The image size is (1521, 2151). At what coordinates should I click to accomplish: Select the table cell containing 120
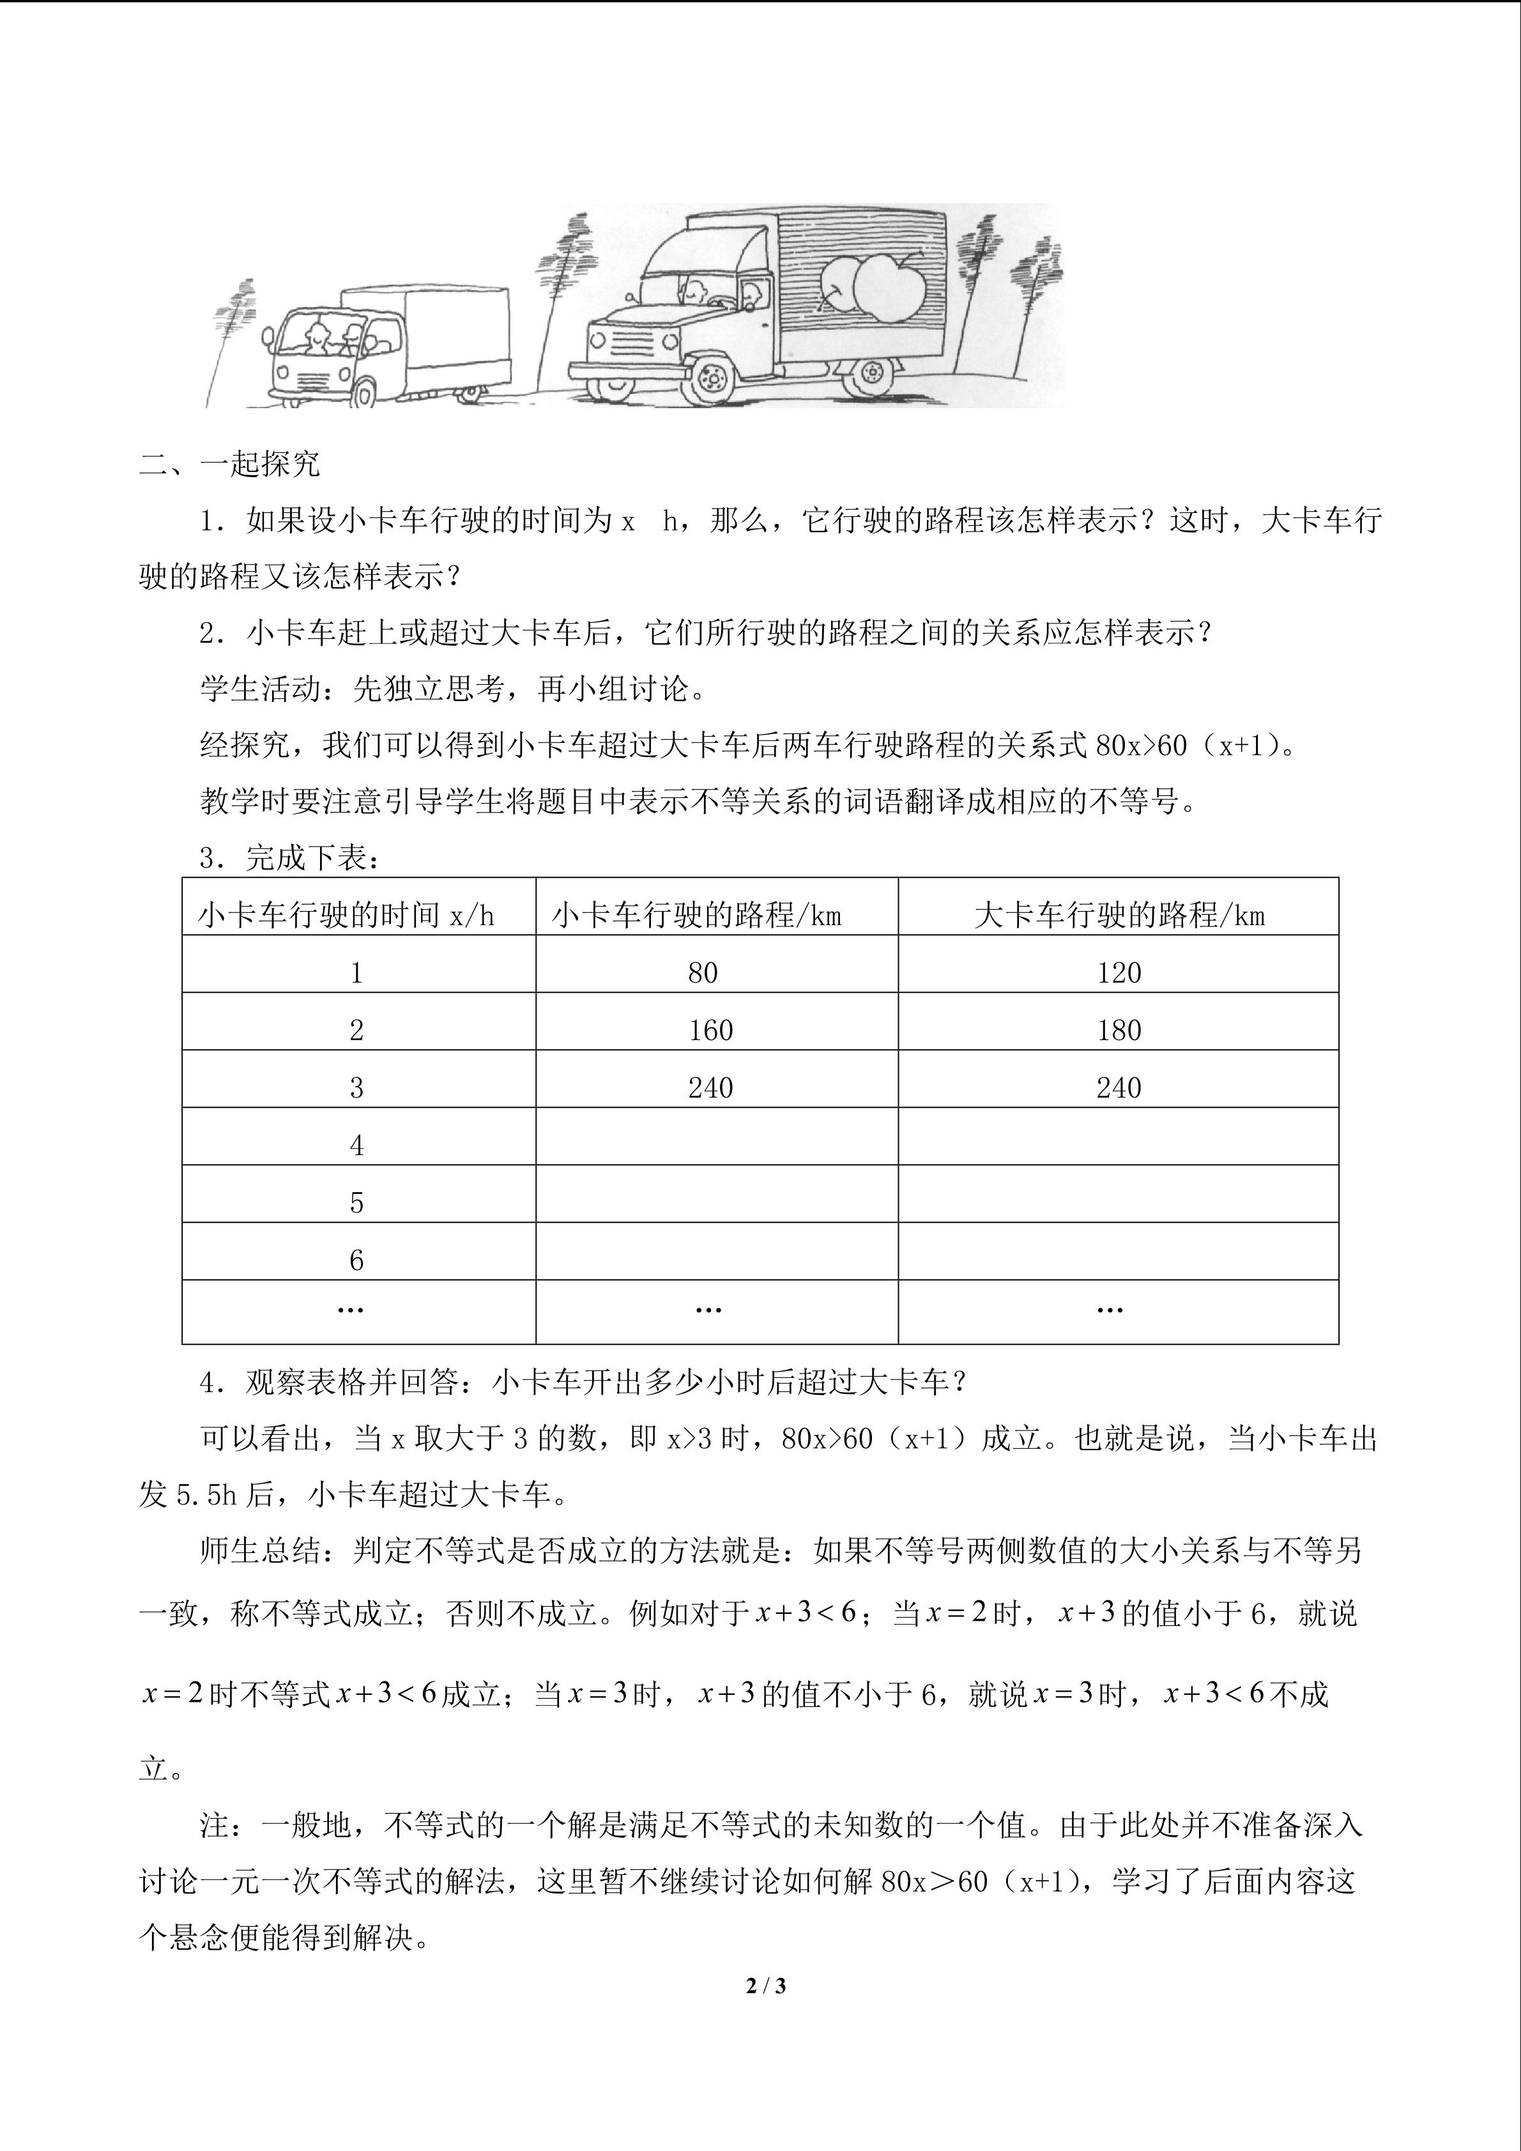click(x=1119, y=974)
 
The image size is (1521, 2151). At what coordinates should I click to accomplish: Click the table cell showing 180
click(x=1119, y=1030)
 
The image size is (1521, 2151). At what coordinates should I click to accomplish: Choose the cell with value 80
click(x=703, y=974)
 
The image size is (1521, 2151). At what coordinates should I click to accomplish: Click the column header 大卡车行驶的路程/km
click(x=1119, y=915)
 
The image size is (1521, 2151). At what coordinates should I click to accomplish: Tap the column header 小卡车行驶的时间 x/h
click(x=346, y=915)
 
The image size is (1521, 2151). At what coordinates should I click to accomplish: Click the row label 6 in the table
click(x=357, y=1261)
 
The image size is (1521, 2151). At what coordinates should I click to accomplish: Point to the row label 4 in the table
click(x=357, y=1145)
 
